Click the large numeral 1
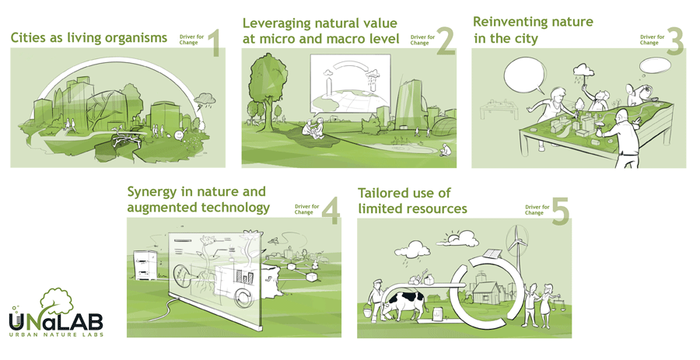[215, 44]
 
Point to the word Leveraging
[276, 23]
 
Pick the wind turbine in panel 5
[517, 247]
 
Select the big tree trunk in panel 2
[268, 107]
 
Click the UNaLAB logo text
[56, 322]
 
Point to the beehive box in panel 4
[145, 265]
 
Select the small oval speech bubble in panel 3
[656, 66]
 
